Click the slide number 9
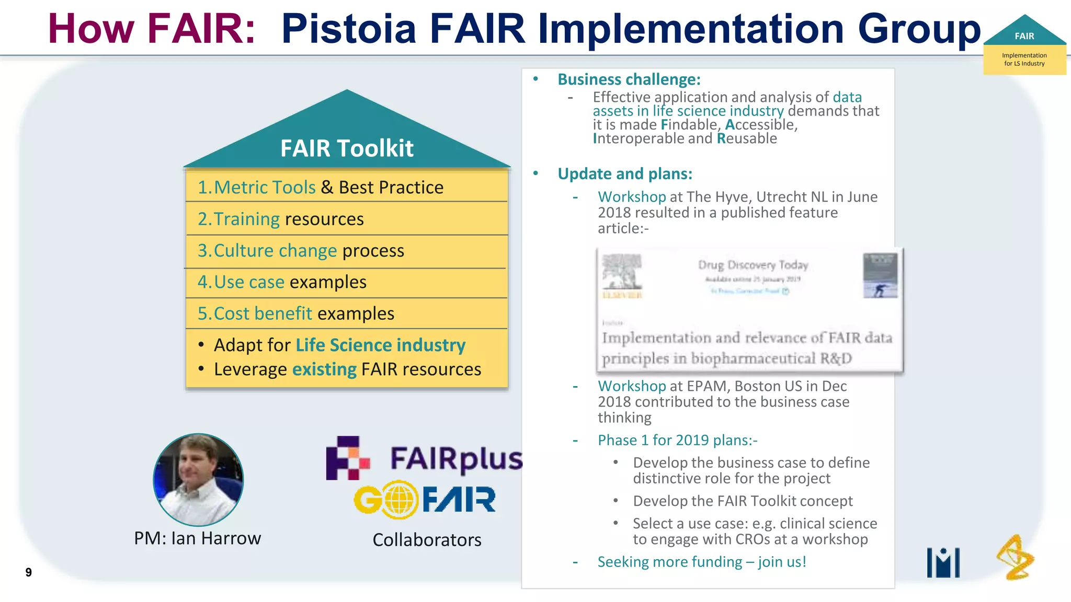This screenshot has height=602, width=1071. (28, 572)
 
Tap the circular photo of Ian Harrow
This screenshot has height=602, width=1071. (198, 479)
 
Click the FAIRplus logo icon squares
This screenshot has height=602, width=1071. (347, 458)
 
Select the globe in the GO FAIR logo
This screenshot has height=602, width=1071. (400, 500)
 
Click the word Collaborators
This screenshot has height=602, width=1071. (427, 540)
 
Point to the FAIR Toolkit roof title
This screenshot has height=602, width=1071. (347, 148)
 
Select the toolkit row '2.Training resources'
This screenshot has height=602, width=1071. (281, 219)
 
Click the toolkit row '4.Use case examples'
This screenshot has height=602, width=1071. (282, 282)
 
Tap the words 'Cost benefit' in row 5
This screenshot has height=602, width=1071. (263, 314)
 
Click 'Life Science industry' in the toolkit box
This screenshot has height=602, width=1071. (380, 345)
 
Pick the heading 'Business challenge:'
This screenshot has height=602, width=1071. (629, 79)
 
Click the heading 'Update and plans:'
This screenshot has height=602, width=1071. (625, 174)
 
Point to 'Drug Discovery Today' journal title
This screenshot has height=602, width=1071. (753, 265)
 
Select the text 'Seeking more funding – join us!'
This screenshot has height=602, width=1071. (701, 562)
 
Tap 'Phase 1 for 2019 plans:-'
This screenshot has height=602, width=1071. (677, 440)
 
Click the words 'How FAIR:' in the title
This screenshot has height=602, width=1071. (152, 29)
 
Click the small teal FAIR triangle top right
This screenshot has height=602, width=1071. (1024, 32)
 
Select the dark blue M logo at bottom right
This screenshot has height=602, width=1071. (943, 563)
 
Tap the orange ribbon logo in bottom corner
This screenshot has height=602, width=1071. (1015, 558)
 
